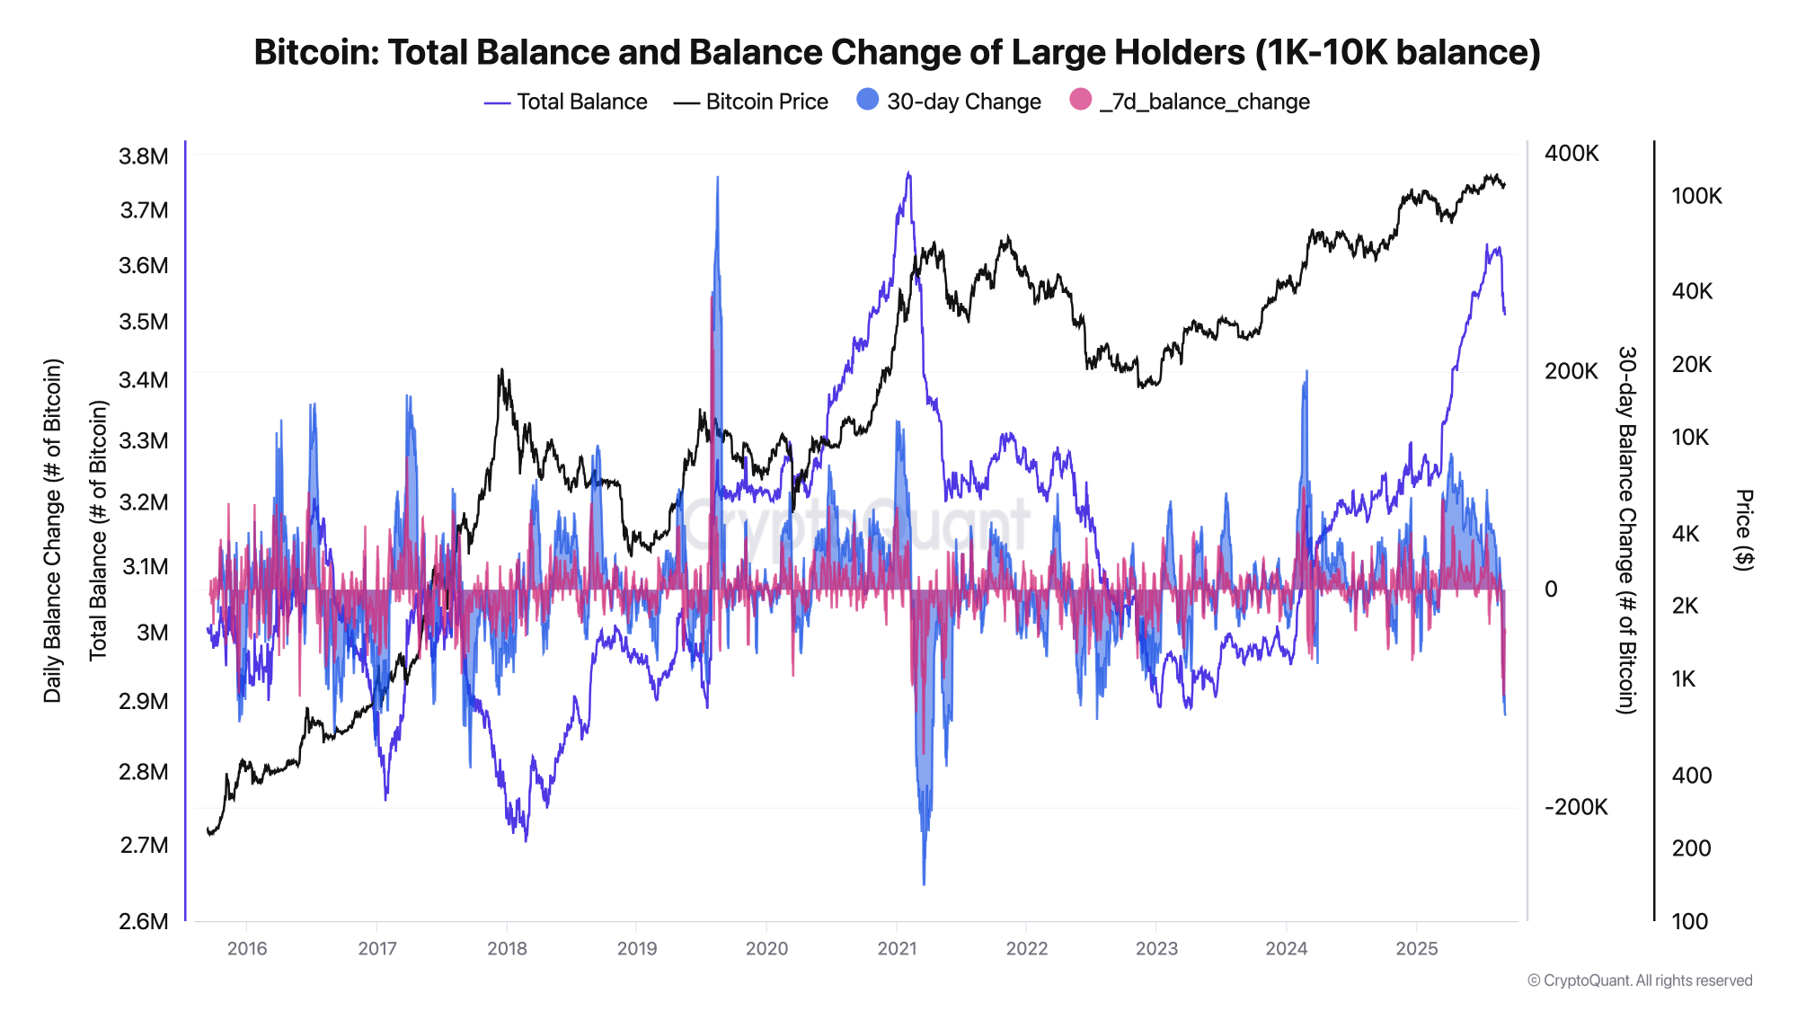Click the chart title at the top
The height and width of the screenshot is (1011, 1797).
point(897,52)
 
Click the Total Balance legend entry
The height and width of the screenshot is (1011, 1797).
point(565,102)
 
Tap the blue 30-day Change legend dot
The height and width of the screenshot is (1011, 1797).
point(868,100)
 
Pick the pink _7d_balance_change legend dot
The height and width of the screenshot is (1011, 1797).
point(1081,100)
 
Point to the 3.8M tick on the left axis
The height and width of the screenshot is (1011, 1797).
point(144,156)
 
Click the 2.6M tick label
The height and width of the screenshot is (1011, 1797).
point(144,921)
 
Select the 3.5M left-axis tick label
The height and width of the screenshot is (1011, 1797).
point(144,322)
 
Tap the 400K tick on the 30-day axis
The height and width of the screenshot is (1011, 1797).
point(1571,154)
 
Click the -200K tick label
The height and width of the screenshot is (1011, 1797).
point(1576,807)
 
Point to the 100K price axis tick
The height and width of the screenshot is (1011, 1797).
point(1696,196)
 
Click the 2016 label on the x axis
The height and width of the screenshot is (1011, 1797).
point(247,949)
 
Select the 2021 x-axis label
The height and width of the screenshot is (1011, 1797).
point(897,949)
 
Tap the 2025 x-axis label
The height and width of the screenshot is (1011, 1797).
point(1417,949)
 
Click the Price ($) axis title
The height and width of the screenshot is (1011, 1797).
point(1744,529)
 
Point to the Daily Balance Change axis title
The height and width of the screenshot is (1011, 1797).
point(53,530)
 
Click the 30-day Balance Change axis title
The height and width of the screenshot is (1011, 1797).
point(1627,530)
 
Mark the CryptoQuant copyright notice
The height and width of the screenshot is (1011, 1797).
point(1640,980)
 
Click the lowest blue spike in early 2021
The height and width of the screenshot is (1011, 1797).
point(924,882)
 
